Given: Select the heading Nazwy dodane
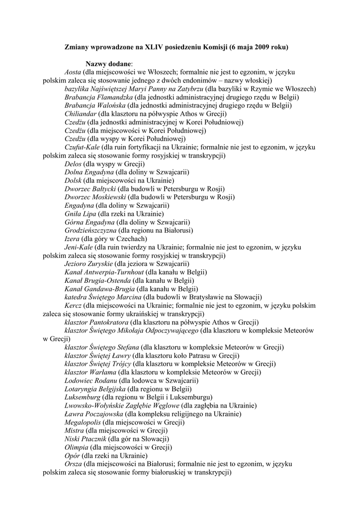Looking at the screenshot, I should (x=109, y=64).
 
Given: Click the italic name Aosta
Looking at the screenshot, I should (x=73, y=72).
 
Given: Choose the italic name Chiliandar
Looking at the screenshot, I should (x=80, y=114).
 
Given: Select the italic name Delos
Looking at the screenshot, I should (x=73, y=164).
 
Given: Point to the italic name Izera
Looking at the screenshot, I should (x=73, y=239).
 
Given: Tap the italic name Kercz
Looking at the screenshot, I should (x=73, y=306).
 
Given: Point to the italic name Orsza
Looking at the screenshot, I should (x=73, y=464).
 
